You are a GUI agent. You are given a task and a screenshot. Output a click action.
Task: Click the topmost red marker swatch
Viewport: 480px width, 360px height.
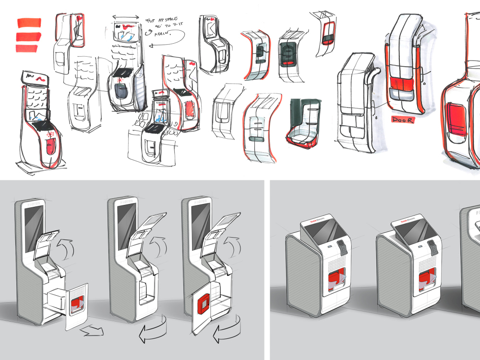(x=29, y=23)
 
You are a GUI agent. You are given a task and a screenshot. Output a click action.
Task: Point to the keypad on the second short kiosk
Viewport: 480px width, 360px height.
(x=432, y=248)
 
